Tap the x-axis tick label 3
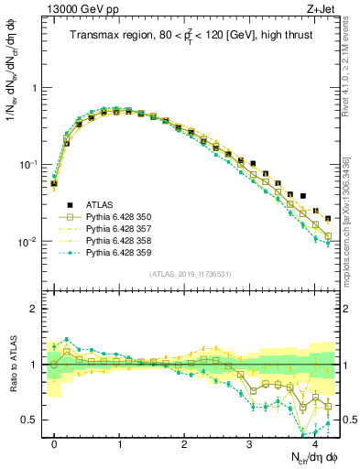click(250, 443)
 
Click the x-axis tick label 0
click(54, 443)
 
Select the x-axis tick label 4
click(315, 443)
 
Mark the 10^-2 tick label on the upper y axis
click(27, 242)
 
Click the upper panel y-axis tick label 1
click(35, 88)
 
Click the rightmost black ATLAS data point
click(328, 218)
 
